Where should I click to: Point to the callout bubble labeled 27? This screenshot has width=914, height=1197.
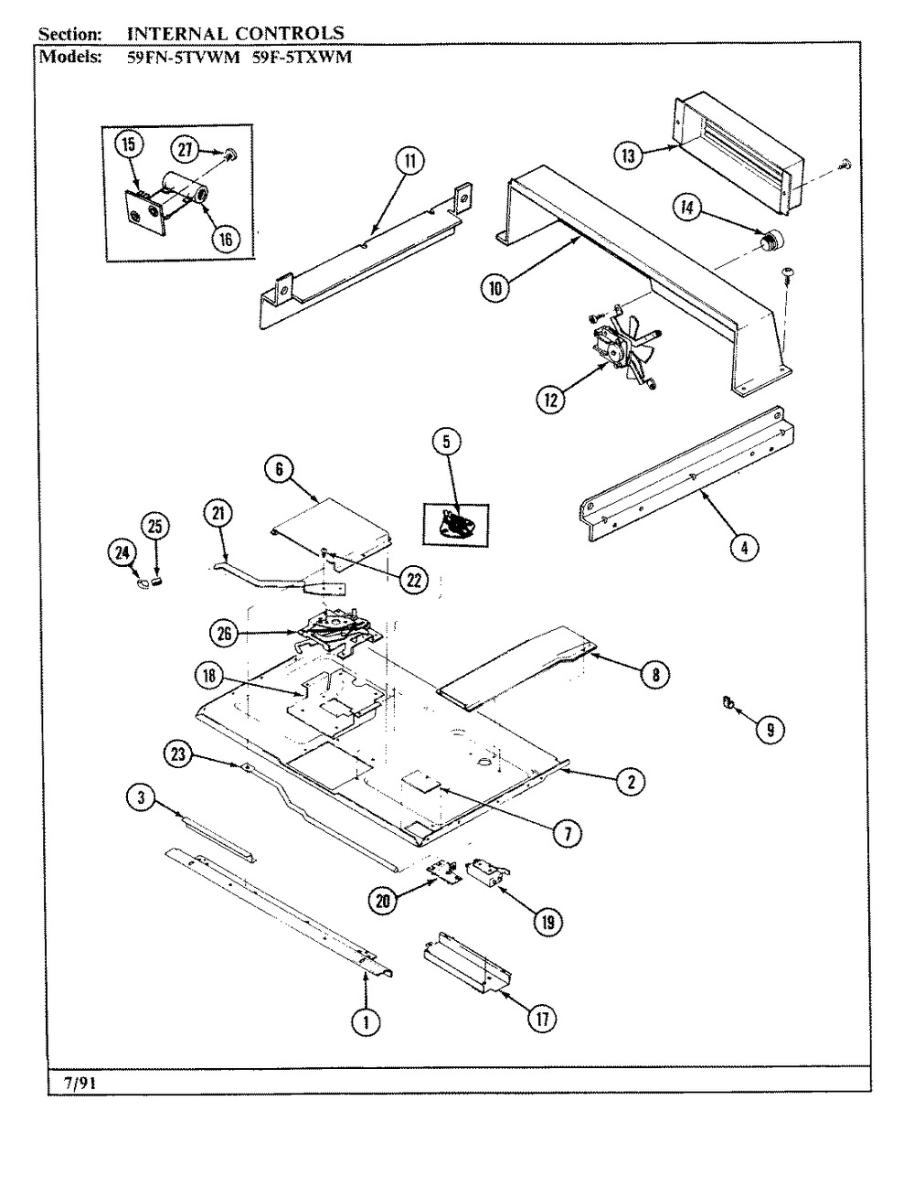pos(187,148)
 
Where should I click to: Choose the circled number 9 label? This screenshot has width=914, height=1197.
pos(770,730)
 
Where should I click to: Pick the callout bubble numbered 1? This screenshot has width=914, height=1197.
pos(367,1024)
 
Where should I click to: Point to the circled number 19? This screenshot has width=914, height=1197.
pos(547,923)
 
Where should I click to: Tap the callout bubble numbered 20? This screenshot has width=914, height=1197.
pos(383,901)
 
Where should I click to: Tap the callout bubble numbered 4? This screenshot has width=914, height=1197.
pos(744,547)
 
